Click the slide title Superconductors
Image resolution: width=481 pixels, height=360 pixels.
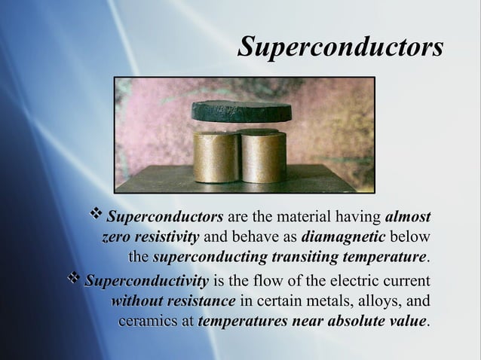pos(340,46)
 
